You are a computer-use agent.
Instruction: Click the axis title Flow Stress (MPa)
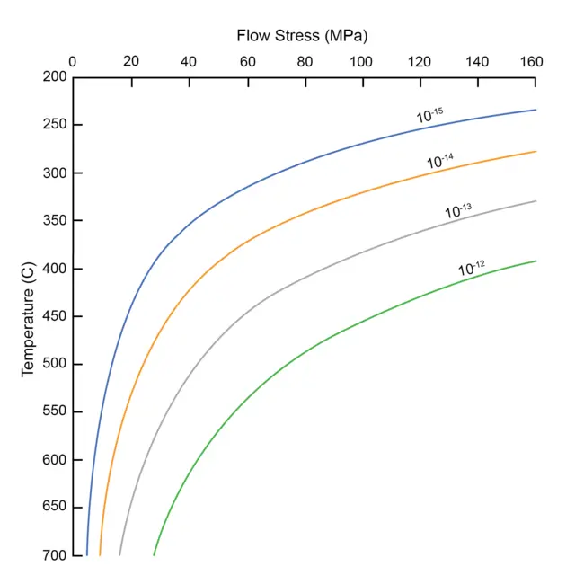tap(303, 36)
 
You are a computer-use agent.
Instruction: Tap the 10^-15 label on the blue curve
tap(430, 115)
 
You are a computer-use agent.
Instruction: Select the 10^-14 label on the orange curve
tap(440, 162)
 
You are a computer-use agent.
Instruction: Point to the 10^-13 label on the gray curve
tap(458, 212)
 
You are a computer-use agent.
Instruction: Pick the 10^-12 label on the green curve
tap(472, 268)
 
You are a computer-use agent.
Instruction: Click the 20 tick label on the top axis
tap(131, 62)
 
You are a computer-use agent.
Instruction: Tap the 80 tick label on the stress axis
tap(305, 62)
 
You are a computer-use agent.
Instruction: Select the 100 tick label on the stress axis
tap(361, 62)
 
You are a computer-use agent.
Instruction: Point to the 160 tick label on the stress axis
tap(533, 62)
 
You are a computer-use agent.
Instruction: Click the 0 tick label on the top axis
tap(74, 62)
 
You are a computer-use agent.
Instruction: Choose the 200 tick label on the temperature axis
tap(55, 77)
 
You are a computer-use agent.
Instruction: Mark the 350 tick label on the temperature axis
tap(55, 220)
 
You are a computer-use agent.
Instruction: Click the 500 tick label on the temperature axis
tap(55, 364)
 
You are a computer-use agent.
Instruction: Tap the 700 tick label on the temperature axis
tap(55, 555)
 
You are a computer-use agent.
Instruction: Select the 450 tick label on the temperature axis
tap(55, 316)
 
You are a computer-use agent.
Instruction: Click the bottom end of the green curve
tap(154, 555)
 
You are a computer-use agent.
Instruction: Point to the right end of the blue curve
tap(535, 110)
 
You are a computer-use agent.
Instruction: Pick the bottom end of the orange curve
tap(100, 555)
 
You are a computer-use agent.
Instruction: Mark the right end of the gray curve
tap(535, 201)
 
